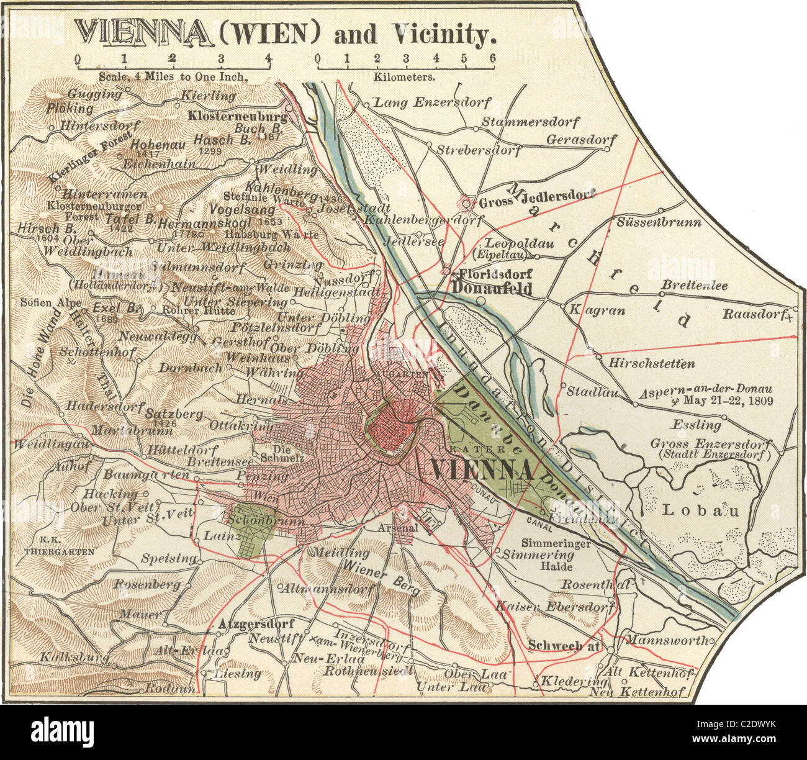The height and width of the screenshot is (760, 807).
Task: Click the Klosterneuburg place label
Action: click(x=238, y=116)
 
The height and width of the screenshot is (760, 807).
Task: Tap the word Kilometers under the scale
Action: click(x=404, y=77)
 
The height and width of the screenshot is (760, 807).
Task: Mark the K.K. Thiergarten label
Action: click(x=60, y=545)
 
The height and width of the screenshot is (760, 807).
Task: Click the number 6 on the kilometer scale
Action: click(x=492, y=58)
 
